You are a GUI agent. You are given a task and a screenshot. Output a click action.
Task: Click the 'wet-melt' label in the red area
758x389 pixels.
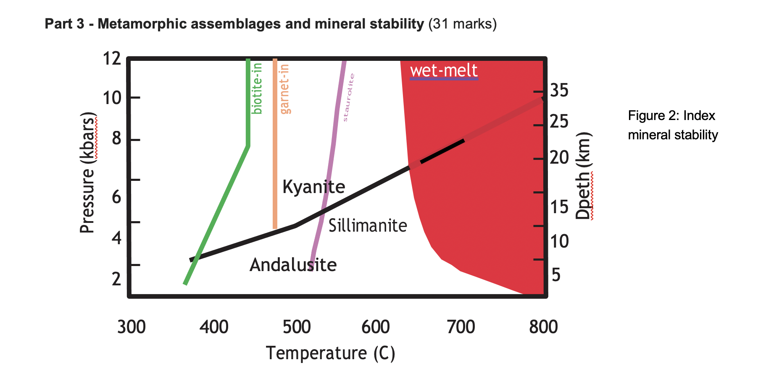pos(444,70)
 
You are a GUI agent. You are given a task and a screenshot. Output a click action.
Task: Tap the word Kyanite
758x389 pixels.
pos(313,187)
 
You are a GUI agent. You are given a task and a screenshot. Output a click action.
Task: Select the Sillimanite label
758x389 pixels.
pos(368,226)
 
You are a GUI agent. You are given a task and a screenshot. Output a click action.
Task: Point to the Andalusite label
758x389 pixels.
pos(293,265)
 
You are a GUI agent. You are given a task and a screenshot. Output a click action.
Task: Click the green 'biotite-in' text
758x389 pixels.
pos(257,89)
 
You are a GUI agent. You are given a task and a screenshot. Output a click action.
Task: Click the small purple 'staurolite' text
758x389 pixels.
pos(349,98)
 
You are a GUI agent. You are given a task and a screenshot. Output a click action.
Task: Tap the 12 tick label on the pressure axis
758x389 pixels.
pos(112,59)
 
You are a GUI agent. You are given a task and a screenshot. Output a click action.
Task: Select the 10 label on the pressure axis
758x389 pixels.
pos(112,98)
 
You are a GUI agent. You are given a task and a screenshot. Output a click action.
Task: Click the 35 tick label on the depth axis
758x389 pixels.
pos(559,90)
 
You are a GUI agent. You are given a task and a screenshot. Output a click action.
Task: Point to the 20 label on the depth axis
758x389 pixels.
pos(559,158)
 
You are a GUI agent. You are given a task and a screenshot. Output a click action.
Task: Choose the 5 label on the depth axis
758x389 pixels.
pos(556,275)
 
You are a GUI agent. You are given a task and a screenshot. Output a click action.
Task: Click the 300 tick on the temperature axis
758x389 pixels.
pos(131,326)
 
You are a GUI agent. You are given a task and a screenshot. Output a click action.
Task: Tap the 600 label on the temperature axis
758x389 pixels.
pos(376,326)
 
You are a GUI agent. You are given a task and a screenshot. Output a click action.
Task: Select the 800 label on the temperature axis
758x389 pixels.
pos(543,326)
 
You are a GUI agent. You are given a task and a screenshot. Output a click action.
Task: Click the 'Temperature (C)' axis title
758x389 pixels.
pos(331,353)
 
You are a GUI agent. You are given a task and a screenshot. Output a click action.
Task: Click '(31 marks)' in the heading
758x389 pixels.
pos(462,24)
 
